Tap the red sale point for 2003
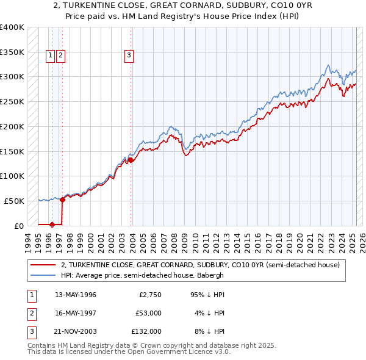coord(131,160)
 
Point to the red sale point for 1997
coord(62,199)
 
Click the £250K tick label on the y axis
coord(12,101)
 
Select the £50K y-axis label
coord(15,201)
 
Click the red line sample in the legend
coord(43,265)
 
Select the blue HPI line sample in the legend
coord(43,275)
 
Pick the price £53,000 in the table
coord(148,313)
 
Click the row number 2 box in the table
coord(30,313)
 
